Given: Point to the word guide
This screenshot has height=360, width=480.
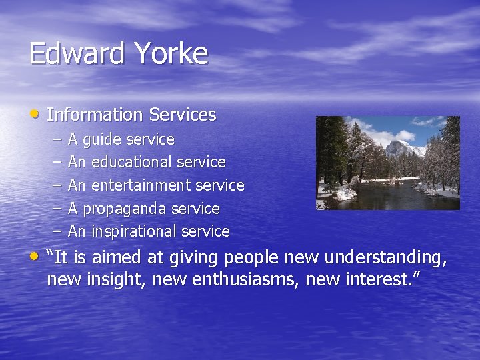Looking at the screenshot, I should click(102, 140).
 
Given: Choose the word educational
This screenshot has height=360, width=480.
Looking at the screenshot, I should click(133, 162).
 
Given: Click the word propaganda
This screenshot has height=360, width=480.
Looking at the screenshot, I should click(125, 209).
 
